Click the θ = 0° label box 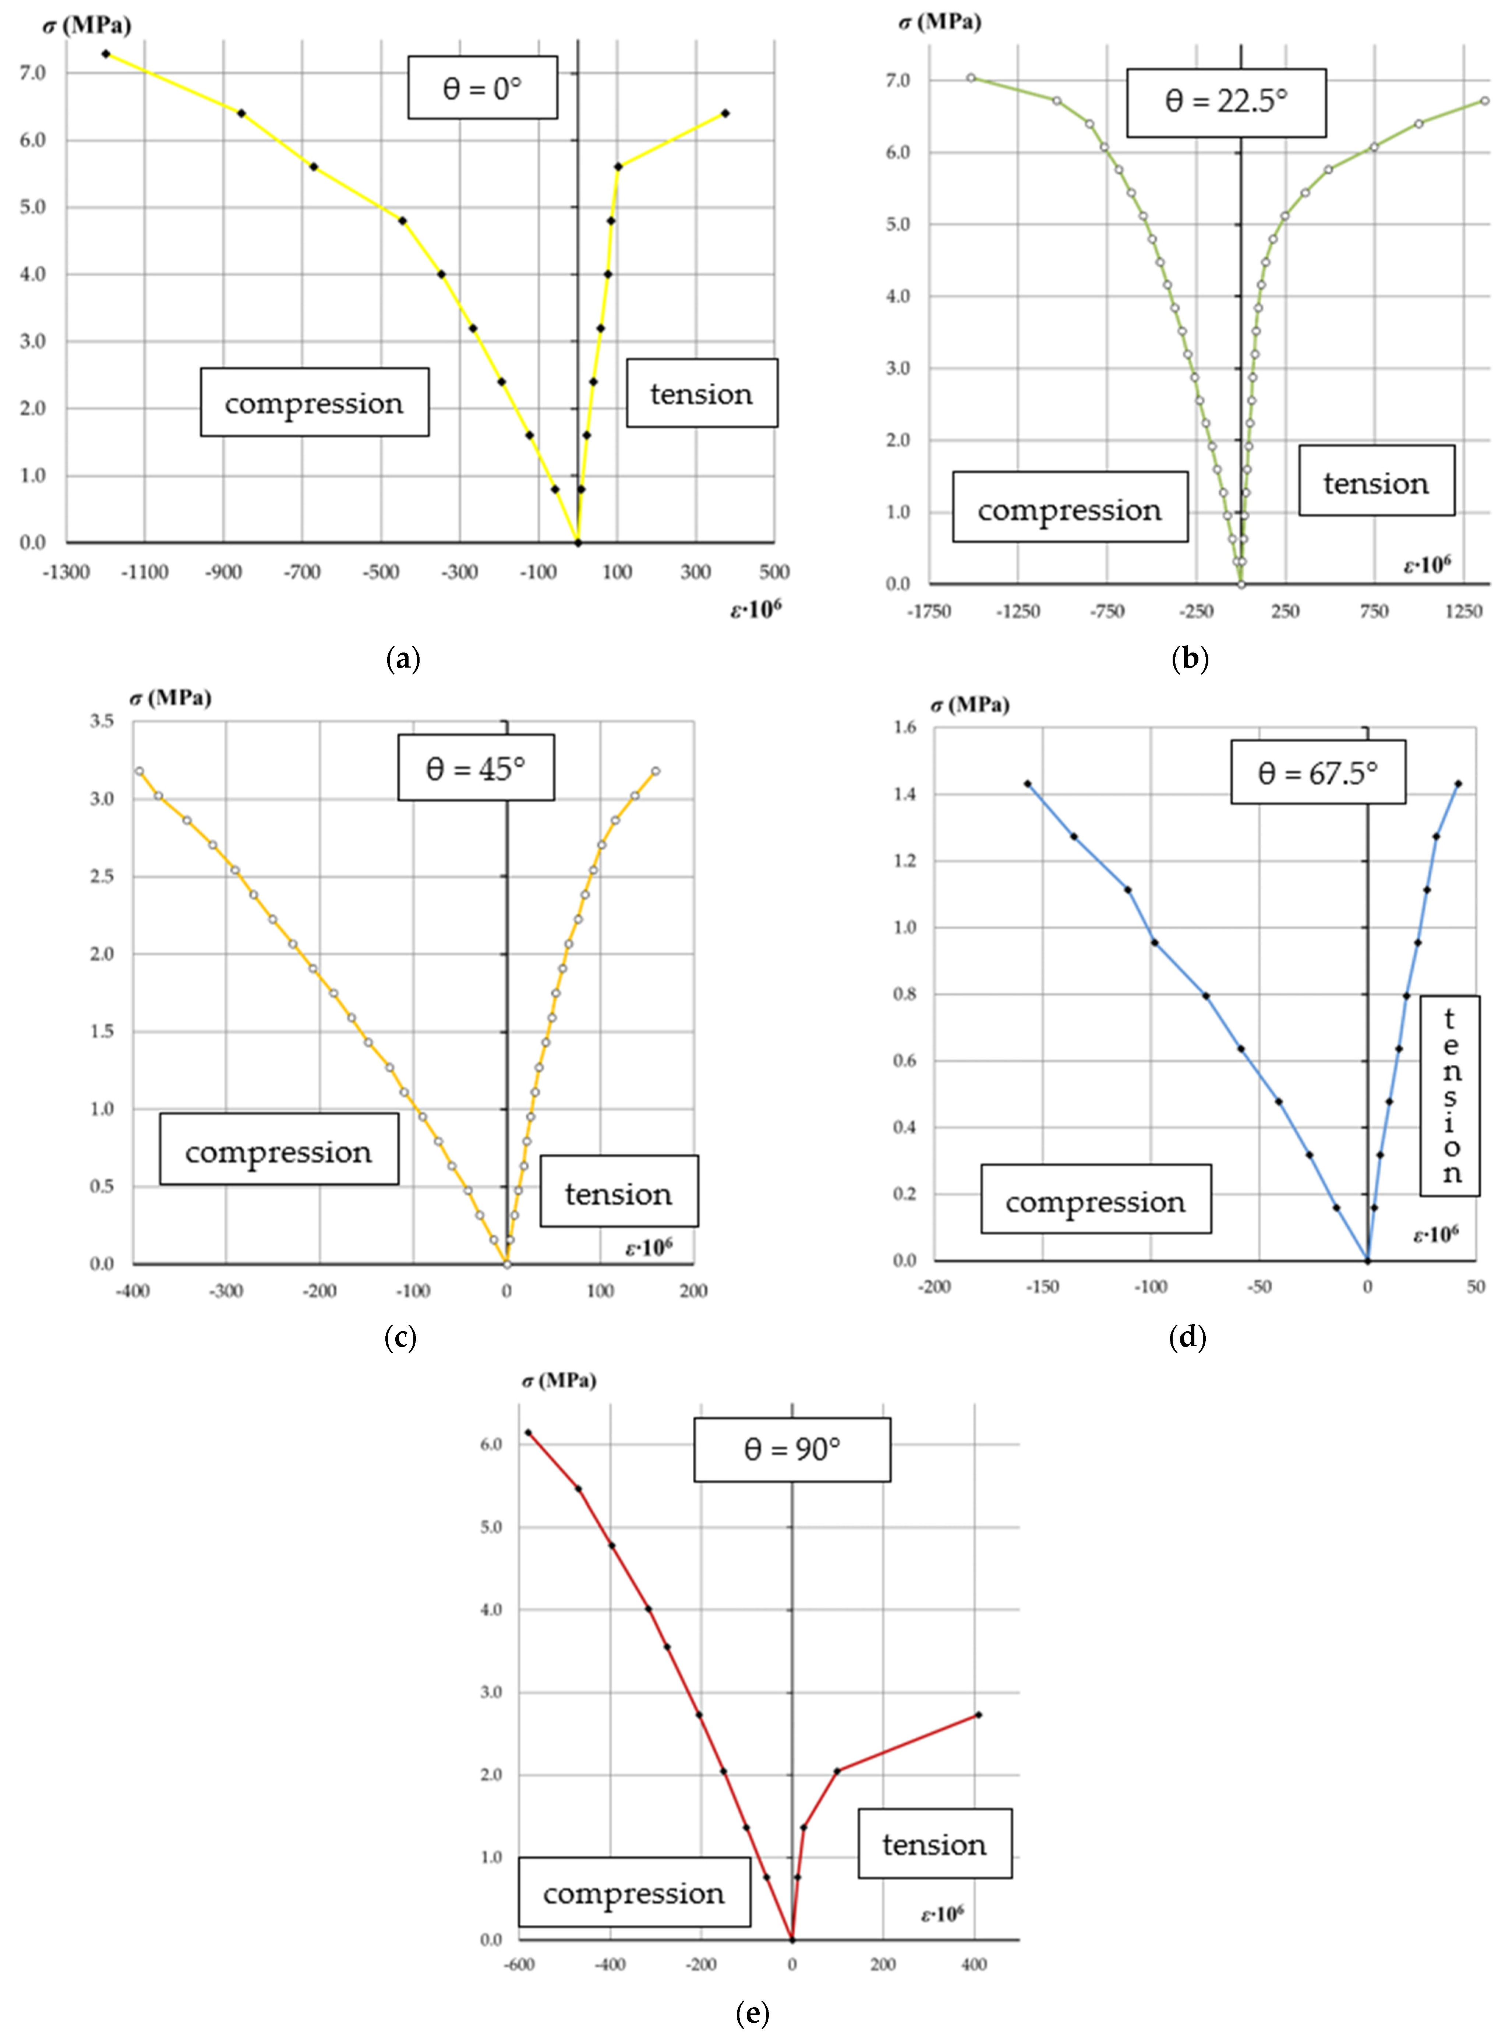(482, 88)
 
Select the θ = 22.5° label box (1226, 102)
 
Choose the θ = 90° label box (792, 1449)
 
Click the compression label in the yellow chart (314, 403)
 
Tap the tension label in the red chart (935, 1844)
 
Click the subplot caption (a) (403, 659)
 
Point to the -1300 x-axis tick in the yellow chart (67, 573)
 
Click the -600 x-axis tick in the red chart (519, 1965)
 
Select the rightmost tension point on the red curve (978, 1715)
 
